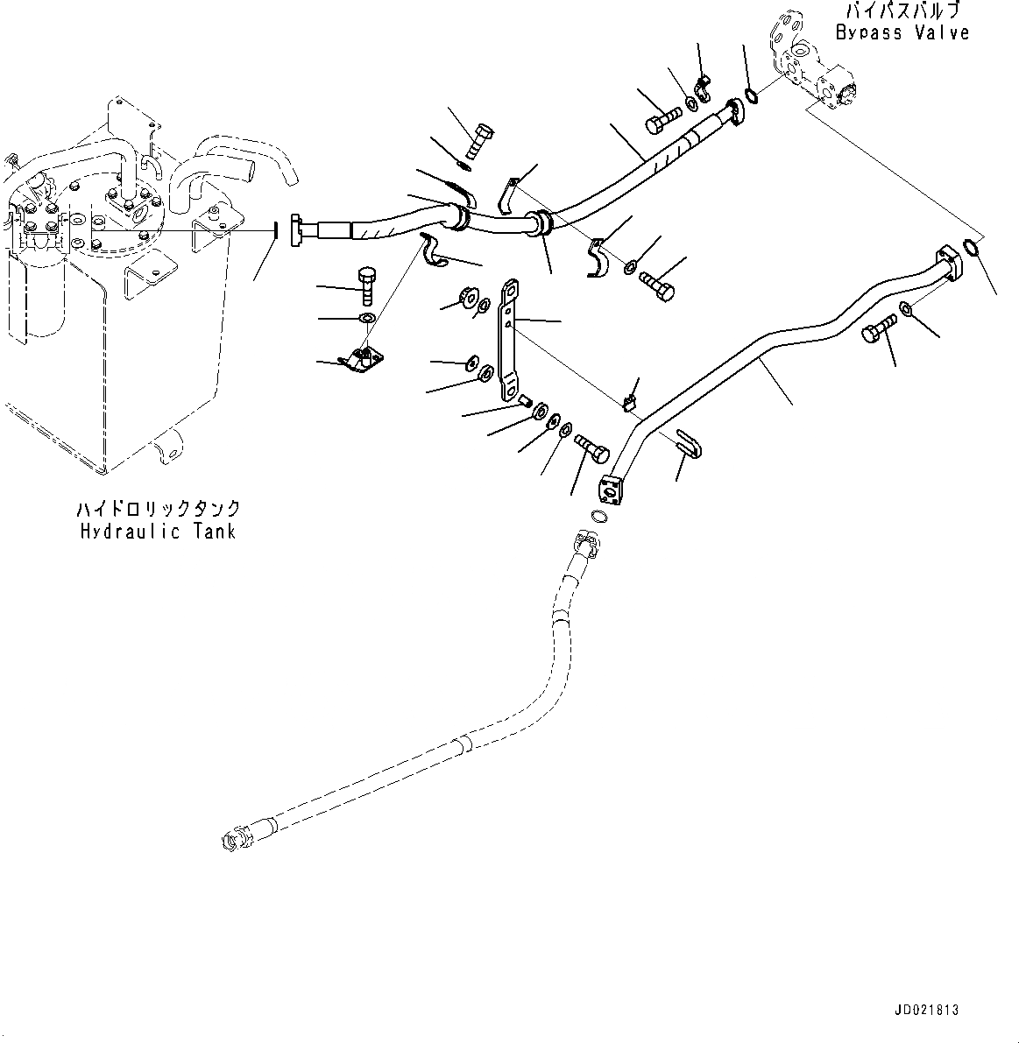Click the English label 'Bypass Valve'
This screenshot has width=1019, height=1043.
[902, 32]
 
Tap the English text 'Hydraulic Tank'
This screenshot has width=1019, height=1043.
[158, 531]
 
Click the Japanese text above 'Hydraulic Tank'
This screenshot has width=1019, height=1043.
[158, 509]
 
